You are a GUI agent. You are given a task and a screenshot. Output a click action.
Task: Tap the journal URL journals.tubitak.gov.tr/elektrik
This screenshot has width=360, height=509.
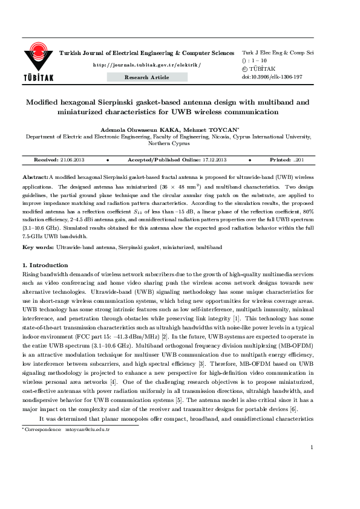pos(146,64)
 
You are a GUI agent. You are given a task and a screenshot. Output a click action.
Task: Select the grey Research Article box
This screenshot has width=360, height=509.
pos(147,77)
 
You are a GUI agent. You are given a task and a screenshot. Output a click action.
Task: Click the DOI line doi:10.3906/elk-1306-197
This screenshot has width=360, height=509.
pos(272,77)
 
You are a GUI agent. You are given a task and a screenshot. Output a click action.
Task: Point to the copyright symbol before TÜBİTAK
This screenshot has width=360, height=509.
pos(244,70)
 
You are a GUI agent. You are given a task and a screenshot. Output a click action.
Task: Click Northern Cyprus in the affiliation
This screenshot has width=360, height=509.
pos(169,144)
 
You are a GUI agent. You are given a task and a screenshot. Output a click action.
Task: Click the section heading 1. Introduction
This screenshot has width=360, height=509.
pos(45,265)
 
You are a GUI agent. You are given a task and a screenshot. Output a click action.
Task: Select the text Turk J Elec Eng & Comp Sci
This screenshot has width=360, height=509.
pos(277,53)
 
